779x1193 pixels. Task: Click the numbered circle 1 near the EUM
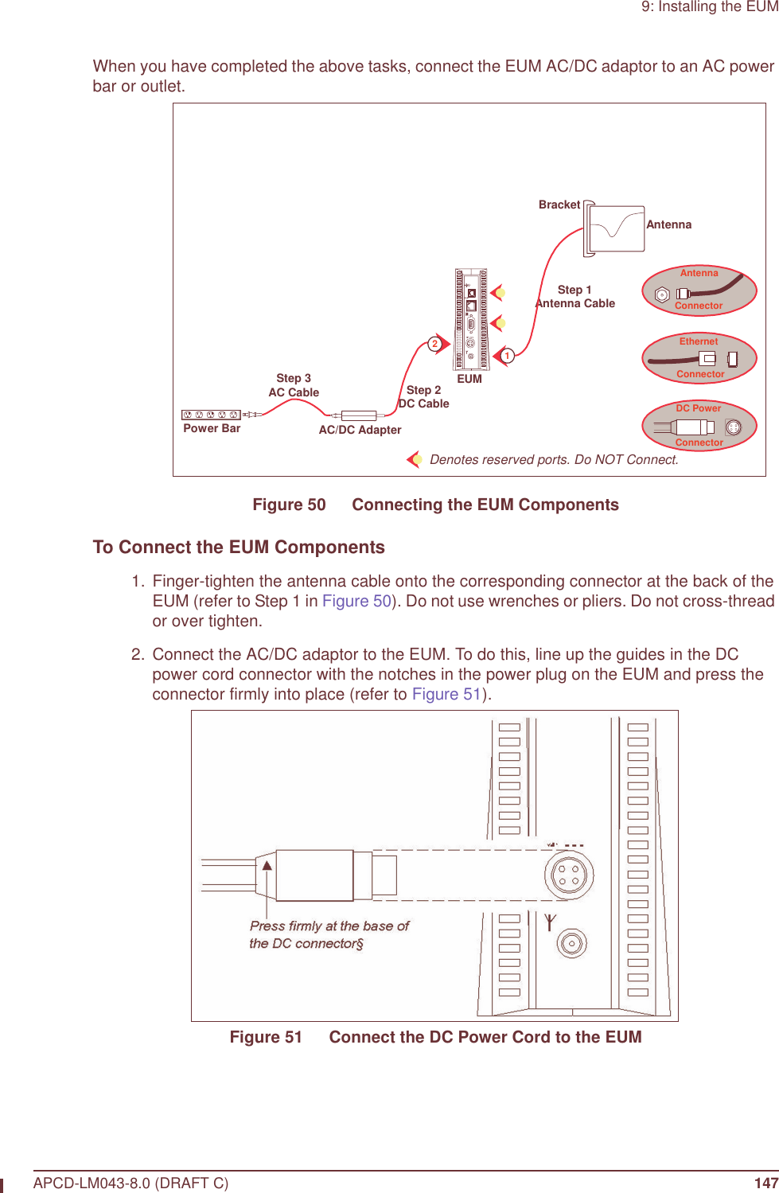(507, 356)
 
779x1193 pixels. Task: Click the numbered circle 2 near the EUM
(434, 344)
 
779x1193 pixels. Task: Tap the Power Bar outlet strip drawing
(211, 415)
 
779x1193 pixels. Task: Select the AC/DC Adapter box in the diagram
(359, 415)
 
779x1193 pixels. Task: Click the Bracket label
(559, 205)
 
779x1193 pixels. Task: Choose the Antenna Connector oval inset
(699, 290)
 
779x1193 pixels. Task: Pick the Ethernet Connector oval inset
(699, 358)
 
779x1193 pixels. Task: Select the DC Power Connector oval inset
(699, 426)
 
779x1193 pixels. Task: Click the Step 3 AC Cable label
(294, 385)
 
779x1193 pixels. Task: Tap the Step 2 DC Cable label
(423, 397)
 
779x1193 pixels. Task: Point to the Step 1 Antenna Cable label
(575, 297)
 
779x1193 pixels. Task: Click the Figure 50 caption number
(289, 505)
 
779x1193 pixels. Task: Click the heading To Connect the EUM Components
(239, 548)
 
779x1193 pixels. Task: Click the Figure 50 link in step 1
(356, 601)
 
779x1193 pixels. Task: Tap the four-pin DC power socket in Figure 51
(569, 875)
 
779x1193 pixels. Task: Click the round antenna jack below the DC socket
(571, 944)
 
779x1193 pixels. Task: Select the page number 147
(765, 1183)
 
